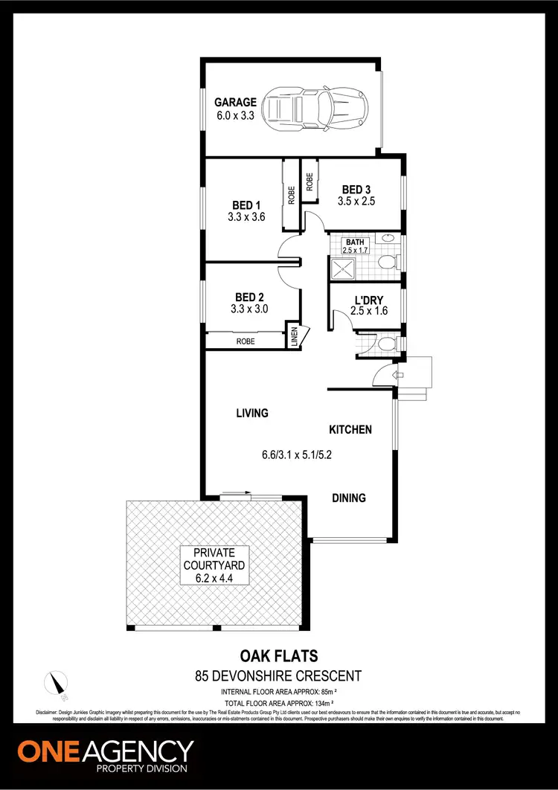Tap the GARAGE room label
(236, 103)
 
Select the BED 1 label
(246, 205)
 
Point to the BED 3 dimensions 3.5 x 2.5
(356, 202)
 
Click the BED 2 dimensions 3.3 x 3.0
(249, 309)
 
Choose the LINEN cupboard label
(294, 336)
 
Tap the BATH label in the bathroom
(354, 242)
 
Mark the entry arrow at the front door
(397, 375)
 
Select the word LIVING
(252, 413)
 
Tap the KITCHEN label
(350, 429)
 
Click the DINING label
(349, 498)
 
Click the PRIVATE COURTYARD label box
(214, 565)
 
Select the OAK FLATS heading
(279, 656)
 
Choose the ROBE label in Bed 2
(246, 341)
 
